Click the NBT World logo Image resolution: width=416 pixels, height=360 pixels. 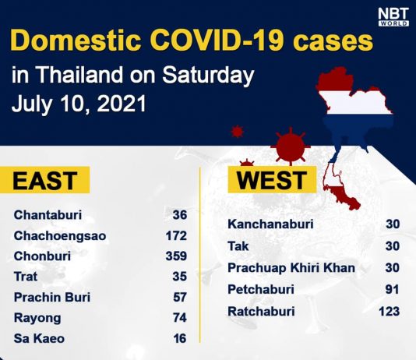pos(393,16)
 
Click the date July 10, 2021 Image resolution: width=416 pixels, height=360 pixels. pos(79,104)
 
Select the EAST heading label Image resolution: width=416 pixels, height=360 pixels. pos(45,180)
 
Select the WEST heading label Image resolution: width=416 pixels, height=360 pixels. pos(272,180)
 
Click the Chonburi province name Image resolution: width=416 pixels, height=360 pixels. pos(42,256)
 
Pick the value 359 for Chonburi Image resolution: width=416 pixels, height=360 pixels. pos(176,256)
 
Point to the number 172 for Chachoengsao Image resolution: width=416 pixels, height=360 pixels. pos(176,235)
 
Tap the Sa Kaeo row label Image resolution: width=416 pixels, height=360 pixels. pos(39,338)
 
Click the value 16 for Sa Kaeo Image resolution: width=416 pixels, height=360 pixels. pos(180,338)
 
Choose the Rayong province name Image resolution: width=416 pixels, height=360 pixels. pos(37,318)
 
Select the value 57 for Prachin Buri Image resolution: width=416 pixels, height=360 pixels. pos(180,297)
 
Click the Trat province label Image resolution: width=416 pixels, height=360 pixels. pos(26,277)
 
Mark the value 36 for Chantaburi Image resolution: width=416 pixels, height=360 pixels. pos(180,214)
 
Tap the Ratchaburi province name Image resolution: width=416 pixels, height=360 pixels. pos(261,311)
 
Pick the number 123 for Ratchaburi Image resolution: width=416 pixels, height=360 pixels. pos(389,311)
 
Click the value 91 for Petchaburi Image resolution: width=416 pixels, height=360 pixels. pos(393,289)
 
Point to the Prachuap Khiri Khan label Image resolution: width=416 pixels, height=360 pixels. pos(291,268)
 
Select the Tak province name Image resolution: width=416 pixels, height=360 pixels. pos(238,246)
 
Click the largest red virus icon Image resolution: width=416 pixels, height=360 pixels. pos(290,146)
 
